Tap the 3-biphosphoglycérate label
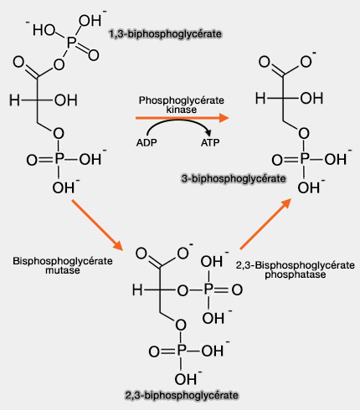tap(233, 179)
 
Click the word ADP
tap(146, 143)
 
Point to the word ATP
tap(212, 143)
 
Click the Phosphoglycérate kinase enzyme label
tap(181, 105)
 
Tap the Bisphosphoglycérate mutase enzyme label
tap(53, 266)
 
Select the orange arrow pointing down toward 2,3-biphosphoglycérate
tap(97, 223)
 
